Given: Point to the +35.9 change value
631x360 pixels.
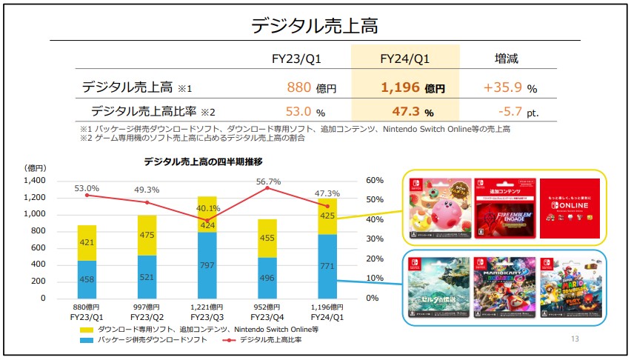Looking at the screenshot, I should tap(504, 87).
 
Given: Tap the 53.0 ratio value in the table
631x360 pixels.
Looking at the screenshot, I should tap(299, 112).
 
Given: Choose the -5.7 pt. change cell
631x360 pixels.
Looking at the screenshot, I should tap(510, 112).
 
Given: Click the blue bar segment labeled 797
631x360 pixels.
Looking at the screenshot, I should tap(208, 265).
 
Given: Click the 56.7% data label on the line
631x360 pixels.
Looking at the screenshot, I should tap(268, 181).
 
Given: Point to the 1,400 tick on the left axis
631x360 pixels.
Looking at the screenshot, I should tap(36, 181).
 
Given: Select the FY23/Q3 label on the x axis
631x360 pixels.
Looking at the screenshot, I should tap(207, 316).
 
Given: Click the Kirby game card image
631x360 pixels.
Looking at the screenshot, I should tap(438, 208).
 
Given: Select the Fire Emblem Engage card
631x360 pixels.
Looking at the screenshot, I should tap(504, 208).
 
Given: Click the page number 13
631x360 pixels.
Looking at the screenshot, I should tap(575, 339).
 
